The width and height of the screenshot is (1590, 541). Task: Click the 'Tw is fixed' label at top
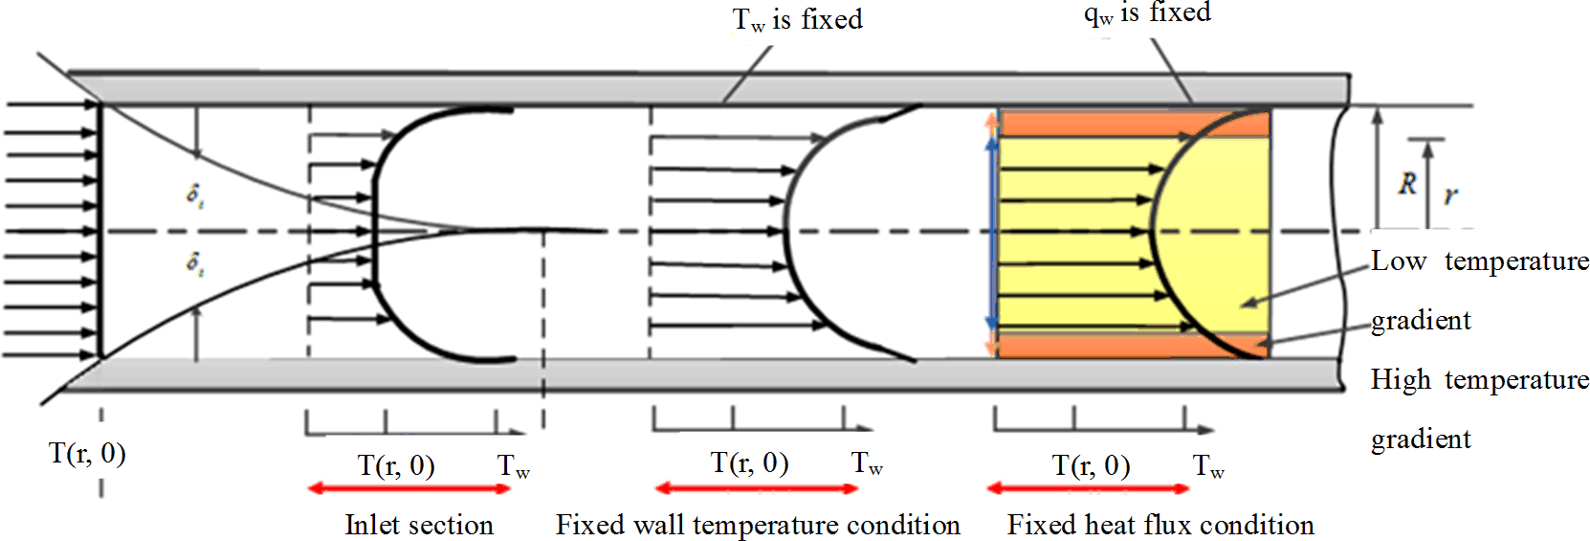coord(797,20)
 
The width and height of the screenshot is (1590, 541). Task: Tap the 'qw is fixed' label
coord(1147,13)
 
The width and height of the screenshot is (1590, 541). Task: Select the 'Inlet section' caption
coord(419,525)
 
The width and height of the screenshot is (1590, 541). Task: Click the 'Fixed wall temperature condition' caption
coord(758,525)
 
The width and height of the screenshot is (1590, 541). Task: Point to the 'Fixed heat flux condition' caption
coord(1160,525)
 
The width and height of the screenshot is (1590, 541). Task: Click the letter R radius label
coord(1406,183)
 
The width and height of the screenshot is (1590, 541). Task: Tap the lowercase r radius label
coord(1451,195)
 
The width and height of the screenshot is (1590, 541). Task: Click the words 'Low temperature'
coord(1479,261)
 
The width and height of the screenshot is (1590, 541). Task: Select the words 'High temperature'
coord(1479,380)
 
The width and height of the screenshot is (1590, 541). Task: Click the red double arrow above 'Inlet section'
coord(409,489)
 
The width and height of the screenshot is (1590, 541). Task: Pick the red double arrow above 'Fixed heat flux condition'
coord(1088,489)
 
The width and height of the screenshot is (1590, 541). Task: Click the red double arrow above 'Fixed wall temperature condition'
coord(757,489)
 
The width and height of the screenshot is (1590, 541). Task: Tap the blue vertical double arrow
coord(992,233)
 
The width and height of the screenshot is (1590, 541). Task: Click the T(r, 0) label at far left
coord(87,453)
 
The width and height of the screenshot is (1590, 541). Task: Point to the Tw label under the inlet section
coord(513,467)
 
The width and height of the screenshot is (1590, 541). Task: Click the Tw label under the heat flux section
coord(1208,467)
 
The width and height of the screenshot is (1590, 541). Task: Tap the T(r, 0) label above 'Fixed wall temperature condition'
coord(749,463)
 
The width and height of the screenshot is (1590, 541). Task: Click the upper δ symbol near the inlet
coord(194,194)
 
